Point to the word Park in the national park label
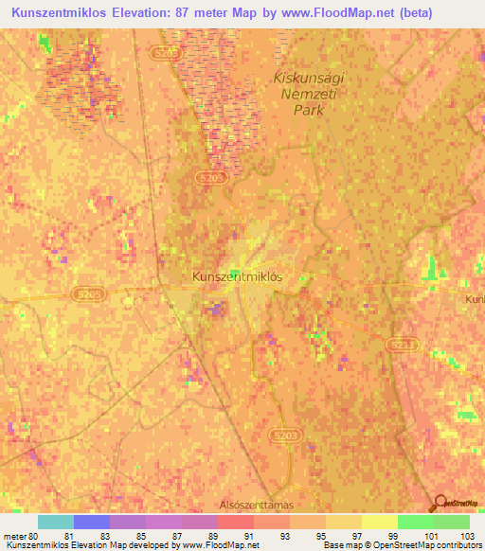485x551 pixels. click(x=310, y=110)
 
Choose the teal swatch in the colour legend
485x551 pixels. click(x=56, y=522)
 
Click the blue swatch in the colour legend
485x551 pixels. click(x=92, y=522)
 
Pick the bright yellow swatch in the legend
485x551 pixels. click(x=380, y=522)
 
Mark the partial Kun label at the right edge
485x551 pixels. click(x=475, y=299)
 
